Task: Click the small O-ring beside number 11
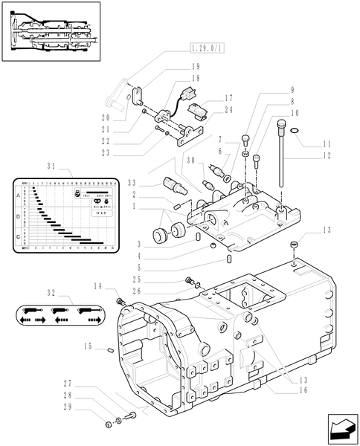coord(296,132)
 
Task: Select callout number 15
coord(88,346)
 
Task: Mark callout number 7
coord(221,138)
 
